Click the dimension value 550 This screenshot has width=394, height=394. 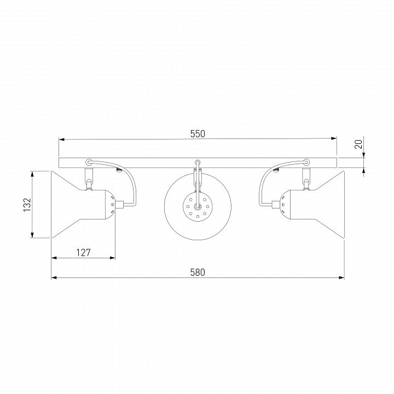tap(198, 134)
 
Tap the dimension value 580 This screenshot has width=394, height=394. tap(198, 273)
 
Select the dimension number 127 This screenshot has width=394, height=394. tap(83, 252)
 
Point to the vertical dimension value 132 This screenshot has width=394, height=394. tap(27, 205)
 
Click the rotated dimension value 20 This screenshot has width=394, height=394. tap(359, 144)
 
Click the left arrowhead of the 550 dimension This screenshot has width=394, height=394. tap(62, 138)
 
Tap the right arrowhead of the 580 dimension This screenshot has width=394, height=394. tap(341, 277)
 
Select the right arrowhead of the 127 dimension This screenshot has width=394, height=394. tap(112, 258)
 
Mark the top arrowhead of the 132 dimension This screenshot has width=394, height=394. tap(32, 174)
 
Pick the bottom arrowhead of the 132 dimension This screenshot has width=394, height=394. tap(32, 235)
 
